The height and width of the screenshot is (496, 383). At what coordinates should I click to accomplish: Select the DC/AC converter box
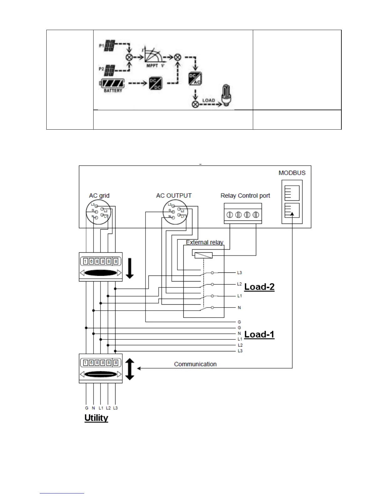click(x=195, y=79)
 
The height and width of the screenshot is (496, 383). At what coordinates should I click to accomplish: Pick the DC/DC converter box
click(x=155, y=83)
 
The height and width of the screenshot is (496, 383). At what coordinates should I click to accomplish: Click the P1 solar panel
click(x=110, y=46)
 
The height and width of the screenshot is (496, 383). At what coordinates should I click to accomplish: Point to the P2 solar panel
click(x=110, y=70)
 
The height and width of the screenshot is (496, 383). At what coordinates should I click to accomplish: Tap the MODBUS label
click(x=292, y=173)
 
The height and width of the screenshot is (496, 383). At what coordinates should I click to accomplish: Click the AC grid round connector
click(x=98, y=212)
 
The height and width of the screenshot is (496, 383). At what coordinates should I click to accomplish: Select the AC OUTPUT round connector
click(x=175, y=212)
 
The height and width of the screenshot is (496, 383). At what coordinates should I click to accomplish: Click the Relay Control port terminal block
click(x=243, y=214)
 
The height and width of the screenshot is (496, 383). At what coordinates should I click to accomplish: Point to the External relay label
click(x=205, y=242)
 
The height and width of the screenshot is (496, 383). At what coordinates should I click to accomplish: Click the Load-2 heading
click(x=259, y=287)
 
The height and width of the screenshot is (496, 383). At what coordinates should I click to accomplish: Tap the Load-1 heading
click(x=259, y=334)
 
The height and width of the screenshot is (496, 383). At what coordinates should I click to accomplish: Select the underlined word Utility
click(x=96, y=418)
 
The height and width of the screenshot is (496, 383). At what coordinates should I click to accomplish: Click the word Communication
click(x=195, y=364)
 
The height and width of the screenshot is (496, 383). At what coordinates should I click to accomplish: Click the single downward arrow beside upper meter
click(x=130, y=268)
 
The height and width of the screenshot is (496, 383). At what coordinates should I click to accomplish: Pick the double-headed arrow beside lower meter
click(x=130, y=369)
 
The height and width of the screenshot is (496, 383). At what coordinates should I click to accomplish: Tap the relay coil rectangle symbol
click(x=203, y=255)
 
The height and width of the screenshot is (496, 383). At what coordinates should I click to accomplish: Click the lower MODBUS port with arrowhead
click(x=292, y=210)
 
